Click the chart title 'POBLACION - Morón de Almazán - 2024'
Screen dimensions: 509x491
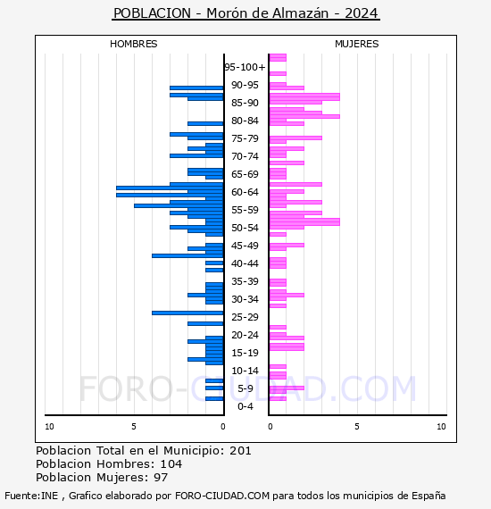[x=245, y=13]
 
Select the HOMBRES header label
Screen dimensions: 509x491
[x=133, y=44]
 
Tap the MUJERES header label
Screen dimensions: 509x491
[x=356, y=44]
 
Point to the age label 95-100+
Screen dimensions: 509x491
[x=245, y=67]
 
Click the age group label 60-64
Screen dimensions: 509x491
[x=245, y=192]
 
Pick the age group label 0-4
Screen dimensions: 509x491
[x=245, y=406]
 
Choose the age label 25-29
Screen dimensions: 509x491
[x=245, y=317]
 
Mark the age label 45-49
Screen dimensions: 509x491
[x=245, y=246]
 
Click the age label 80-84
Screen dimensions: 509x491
[x=245, y=121]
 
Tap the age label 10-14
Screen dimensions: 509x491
[x=245, y=371]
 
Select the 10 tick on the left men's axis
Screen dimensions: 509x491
[x=49, y=427]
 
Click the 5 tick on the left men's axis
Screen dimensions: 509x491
[x=134, y=427]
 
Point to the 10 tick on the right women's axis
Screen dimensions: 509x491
[x=441, y=427]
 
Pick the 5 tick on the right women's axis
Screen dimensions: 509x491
[x=356, y=427]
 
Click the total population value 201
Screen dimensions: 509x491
[x=240, y=450]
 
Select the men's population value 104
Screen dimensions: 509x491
[x=170, y=464]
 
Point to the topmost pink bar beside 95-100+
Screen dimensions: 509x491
[x=278, y=57]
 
